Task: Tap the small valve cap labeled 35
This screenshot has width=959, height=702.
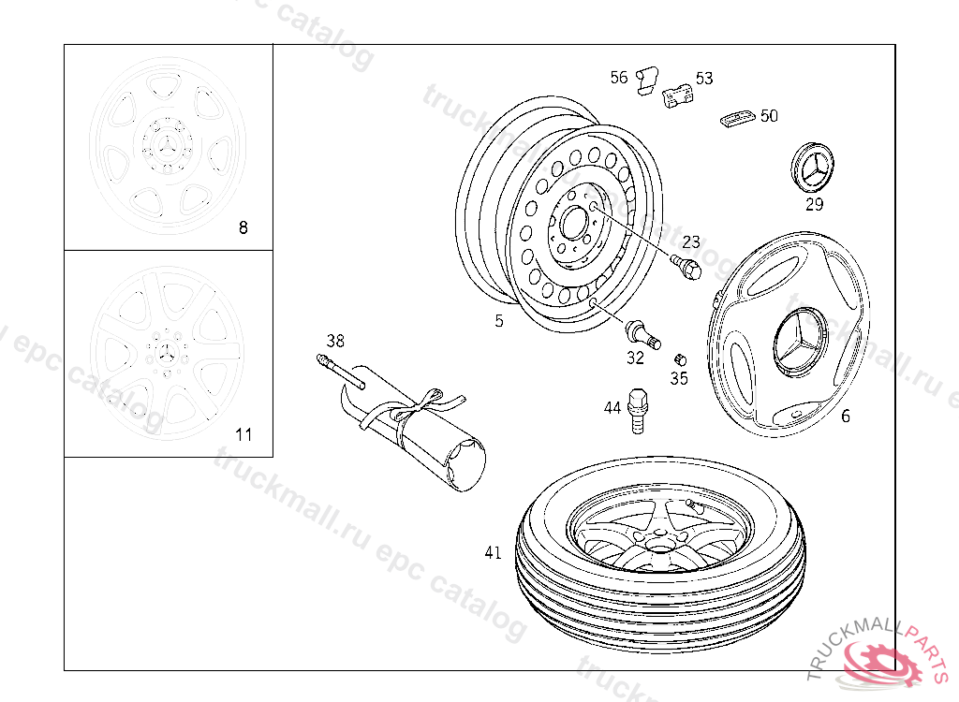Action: click(x=680, y=359)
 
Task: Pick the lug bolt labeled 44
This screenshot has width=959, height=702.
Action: click(x=637, y=411)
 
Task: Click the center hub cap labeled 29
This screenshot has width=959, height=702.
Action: click(x=812, y=168)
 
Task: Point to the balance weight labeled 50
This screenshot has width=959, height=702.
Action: click(x=738, y=118)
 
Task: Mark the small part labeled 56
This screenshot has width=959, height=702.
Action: click(x=646, y=81)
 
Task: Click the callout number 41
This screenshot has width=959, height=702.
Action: click(x=493, y=553)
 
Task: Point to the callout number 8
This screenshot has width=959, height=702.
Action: click(x=243, y=228)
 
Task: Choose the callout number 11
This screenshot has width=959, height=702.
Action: click(x=243, y=435)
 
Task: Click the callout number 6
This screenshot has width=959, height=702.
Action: click(x=846, y=417)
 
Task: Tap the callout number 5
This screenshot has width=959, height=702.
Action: click(x=499, y=321)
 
